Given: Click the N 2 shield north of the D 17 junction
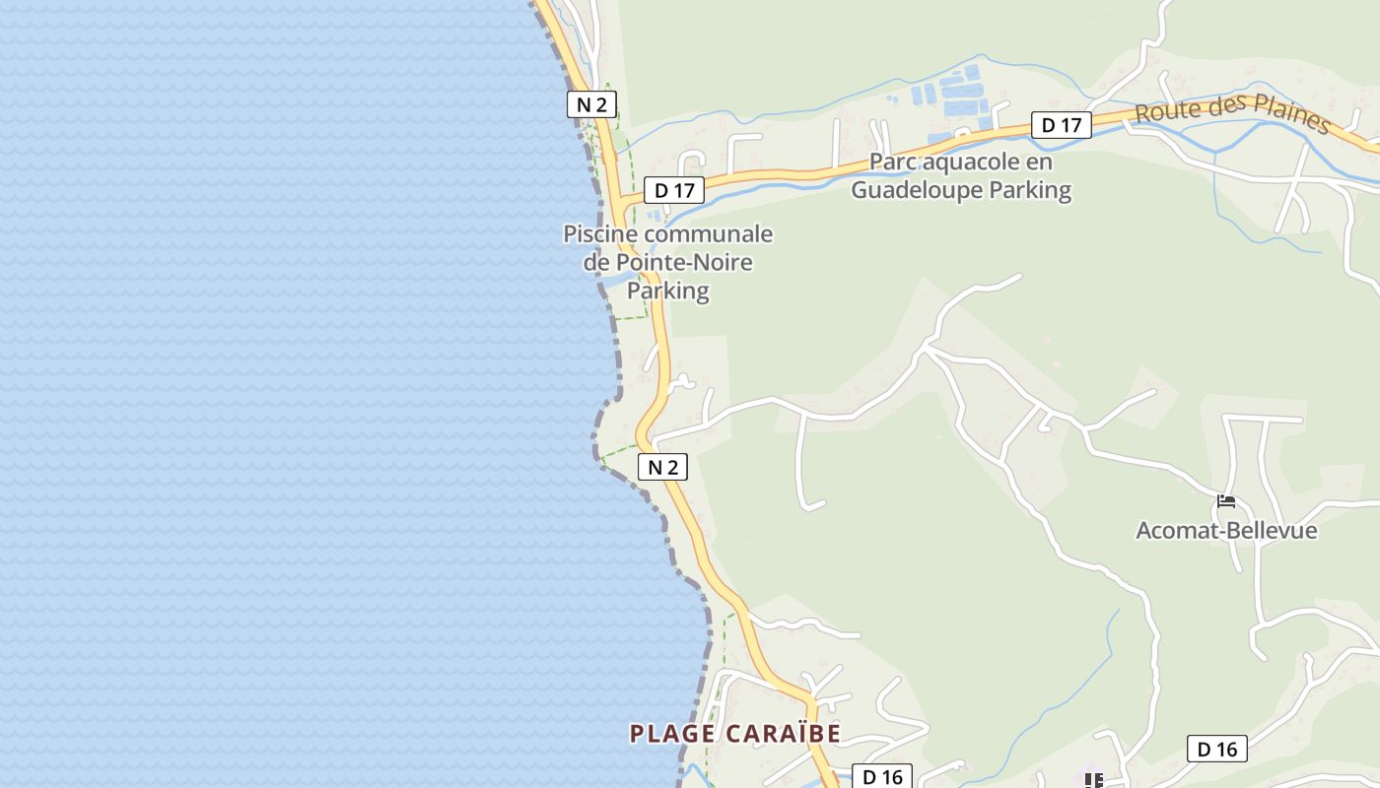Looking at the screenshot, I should (591, 104).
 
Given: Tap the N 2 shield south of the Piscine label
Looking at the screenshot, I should (663, 467).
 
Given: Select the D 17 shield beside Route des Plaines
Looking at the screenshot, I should (1062, 125).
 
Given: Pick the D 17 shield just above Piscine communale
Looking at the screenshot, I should (674, 190).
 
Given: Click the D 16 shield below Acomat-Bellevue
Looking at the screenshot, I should (1216, 750).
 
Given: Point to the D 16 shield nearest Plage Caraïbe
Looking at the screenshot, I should (882, 777).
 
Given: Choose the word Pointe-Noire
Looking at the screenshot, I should (684, 263).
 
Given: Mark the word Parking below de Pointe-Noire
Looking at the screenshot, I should (668, 292).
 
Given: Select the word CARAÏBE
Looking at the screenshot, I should (783, 734).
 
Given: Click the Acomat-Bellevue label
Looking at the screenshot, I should (1226, 531).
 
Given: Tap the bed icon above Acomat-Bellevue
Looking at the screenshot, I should (1226, 501).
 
